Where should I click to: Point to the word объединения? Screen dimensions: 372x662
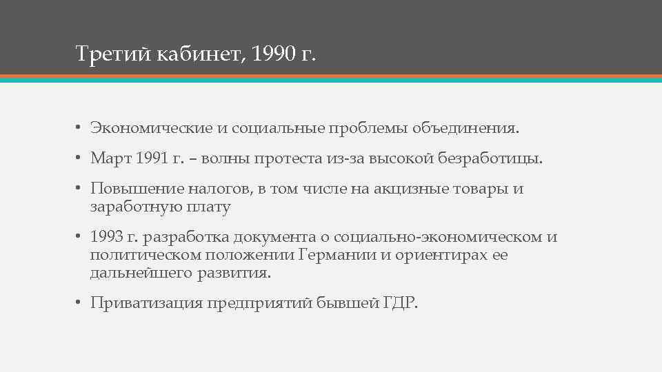point(468,129)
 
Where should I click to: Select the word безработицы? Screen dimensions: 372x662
point(492,159)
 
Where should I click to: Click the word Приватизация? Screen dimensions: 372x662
point(146,304)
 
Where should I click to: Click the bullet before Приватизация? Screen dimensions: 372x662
point(79,304)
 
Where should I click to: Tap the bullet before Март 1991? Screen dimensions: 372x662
point(79,159)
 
